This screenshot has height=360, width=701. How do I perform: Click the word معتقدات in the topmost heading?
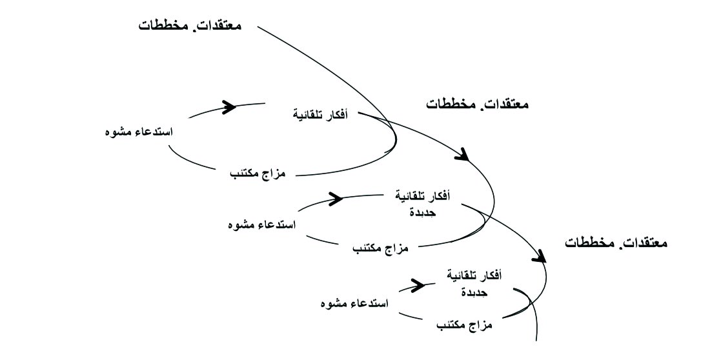coord(218,26)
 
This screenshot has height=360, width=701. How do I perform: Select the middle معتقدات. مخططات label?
coord(478,103)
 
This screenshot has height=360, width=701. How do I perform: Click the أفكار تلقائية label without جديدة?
coord(320,115)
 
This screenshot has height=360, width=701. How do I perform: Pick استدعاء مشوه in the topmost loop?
coord(138,132)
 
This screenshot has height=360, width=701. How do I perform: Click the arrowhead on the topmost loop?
coord(229,106)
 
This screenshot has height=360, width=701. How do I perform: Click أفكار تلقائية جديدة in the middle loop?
coord(422,203)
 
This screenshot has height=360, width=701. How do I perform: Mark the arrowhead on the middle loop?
coord(336,197)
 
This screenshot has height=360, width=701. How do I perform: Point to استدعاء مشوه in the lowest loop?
coord(354,303)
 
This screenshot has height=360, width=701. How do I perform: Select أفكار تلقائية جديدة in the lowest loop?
coord(474,283)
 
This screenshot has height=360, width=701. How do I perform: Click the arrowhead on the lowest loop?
coord(418,284)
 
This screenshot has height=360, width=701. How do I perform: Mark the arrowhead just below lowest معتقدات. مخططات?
coord(540,255)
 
